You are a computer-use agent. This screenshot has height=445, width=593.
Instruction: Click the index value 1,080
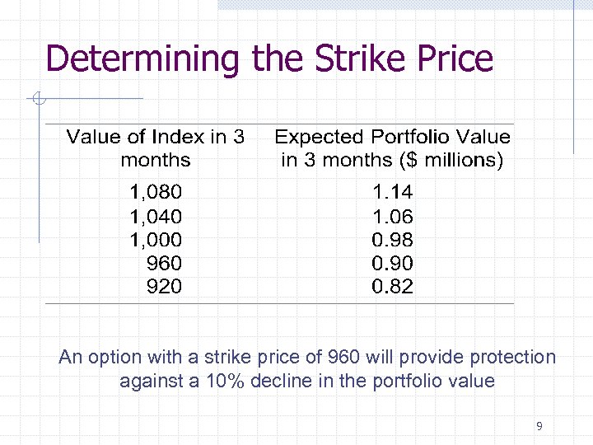156,193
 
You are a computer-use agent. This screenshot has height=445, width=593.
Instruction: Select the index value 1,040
156,217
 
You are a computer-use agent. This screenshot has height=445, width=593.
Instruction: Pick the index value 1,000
156,240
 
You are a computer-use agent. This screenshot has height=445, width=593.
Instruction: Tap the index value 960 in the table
164,264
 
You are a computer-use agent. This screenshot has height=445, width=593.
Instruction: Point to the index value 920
164,287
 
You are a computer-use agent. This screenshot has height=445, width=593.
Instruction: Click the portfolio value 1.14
393,193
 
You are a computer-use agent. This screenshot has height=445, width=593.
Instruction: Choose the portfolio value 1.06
393,217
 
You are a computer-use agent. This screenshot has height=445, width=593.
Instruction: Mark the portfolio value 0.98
393,240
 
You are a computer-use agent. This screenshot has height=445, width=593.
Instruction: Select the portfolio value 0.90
393,264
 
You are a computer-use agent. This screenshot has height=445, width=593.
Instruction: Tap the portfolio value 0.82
393,287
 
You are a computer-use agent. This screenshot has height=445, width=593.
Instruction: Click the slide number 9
539,426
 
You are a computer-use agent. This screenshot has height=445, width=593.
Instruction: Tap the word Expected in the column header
320,138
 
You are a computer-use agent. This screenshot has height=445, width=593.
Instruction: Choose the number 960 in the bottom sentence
343,357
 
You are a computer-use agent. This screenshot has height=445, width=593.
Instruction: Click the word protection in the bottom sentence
512,358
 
